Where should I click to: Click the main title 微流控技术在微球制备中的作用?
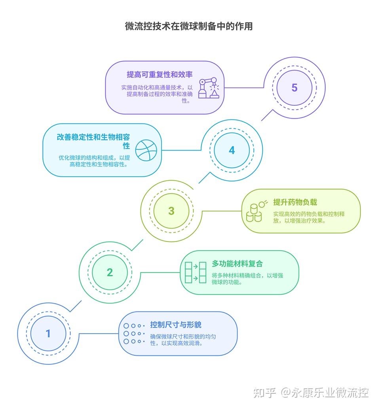coord(189,26)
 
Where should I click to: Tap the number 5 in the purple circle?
coord(294,88)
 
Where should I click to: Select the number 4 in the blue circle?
coord(232,150)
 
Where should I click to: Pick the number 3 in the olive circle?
coord(171,211)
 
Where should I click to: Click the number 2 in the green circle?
coord(110,272)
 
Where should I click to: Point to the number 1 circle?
coord(48,333)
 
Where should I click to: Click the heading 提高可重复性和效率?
coord(160,74)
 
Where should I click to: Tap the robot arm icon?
coord(209,88)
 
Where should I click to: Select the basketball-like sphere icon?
coord(146,150)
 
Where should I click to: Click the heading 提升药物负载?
coord(295,202)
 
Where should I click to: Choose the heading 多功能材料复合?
coord(237,264)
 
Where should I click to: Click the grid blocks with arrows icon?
coord(196,272)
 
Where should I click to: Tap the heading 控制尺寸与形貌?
coord(176,325)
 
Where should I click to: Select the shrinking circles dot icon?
coord(134,333)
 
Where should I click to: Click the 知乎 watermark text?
coord(264,393)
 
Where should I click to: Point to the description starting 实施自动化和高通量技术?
coord(157,94)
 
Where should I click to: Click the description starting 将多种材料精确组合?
coord(247,279)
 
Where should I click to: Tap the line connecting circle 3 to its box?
coord(222,211)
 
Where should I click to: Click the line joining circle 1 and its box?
coord(99,333)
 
